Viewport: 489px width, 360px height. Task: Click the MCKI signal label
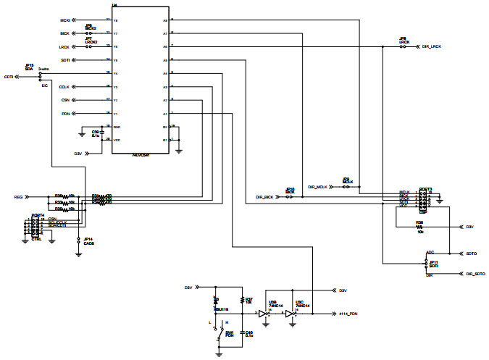pyautogui.click(x=64, y=20)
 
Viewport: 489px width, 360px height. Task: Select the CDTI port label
pyautogui.click(x=9, y=76)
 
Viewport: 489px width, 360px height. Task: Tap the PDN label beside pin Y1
pyautogui.click(x=65, y=114)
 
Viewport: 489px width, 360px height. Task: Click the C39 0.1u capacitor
pyautogui.click(x=96, y=133)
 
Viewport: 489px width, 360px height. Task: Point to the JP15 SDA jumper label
pyautogui.click(x=29, y=66)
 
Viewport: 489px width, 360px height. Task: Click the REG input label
pyautogui.click(x=19, y=196)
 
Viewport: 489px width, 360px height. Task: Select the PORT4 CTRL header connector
pyautogui.click(x=33, y=227)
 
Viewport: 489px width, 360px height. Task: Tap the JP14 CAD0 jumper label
pyautogui.click(x=88, y=241)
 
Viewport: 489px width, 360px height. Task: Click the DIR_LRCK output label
pyautogui.click(x=431, y=46)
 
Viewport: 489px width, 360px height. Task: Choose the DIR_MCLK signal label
pyautogui.click(x=317, y=186)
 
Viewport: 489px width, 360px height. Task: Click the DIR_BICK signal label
pyautogui.click(x=264, y=196)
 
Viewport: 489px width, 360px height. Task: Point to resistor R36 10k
pyautogui.click(x=420, y=227)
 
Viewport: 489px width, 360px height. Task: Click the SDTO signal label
pyautogui.click(x=471, y=254)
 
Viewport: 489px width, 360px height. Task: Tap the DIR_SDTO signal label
pyautogui.click(x=475, y=274)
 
